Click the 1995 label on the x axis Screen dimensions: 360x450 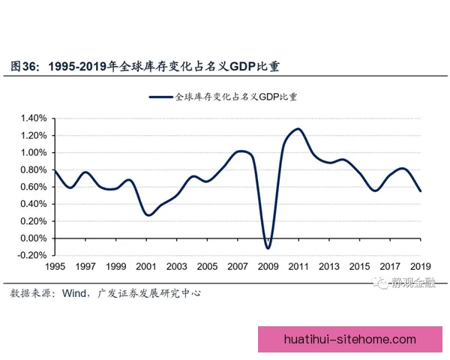[x=55, y=267]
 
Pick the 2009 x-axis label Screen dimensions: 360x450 [x=268, y=267]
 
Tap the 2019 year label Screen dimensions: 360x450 [x=420, y=267]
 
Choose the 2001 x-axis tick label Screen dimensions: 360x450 [x=145, y=267]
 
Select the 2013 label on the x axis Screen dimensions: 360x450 [x=328, y=267]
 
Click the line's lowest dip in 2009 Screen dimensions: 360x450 [x=268, y=248]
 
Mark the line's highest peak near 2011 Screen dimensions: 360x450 [x=298, y=129]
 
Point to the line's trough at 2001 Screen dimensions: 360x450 [x=148, y=215]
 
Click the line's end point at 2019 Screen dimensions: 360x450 [x=420, y=191]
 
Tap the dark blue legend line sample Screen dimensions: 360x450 [x=160, y=97]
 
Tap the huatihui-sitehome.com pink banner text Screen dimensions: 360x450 [x=350, y=340]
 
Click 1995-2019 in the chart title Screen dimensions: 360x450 [x=76, y=65]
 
